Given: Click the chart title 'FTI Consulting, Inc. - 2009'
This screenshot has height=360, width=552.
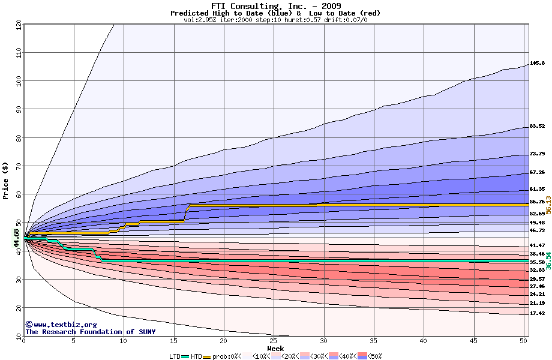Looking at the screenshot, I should pos(275,5).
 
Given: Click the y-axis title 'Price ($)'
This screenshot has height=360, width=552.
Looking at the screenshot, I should pos(5,179).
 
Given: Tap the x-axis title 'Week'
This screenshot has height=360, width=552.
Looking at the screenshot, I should pos(275,348).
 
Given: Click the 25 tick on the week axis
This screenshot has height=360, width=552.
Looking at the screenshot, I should pos(274,341).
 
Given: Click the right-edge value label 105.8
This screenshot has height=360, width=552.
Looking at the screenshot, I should pos(537,63).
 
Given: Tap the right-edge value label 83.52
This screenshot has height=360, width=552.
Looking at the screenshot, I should pos(537,126).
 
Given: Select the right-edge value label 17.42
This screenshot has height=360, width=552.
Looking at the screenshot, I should pos(537,313).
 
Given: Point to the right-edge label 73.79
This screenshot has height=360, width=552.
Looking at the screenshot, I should pos(537,154).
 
